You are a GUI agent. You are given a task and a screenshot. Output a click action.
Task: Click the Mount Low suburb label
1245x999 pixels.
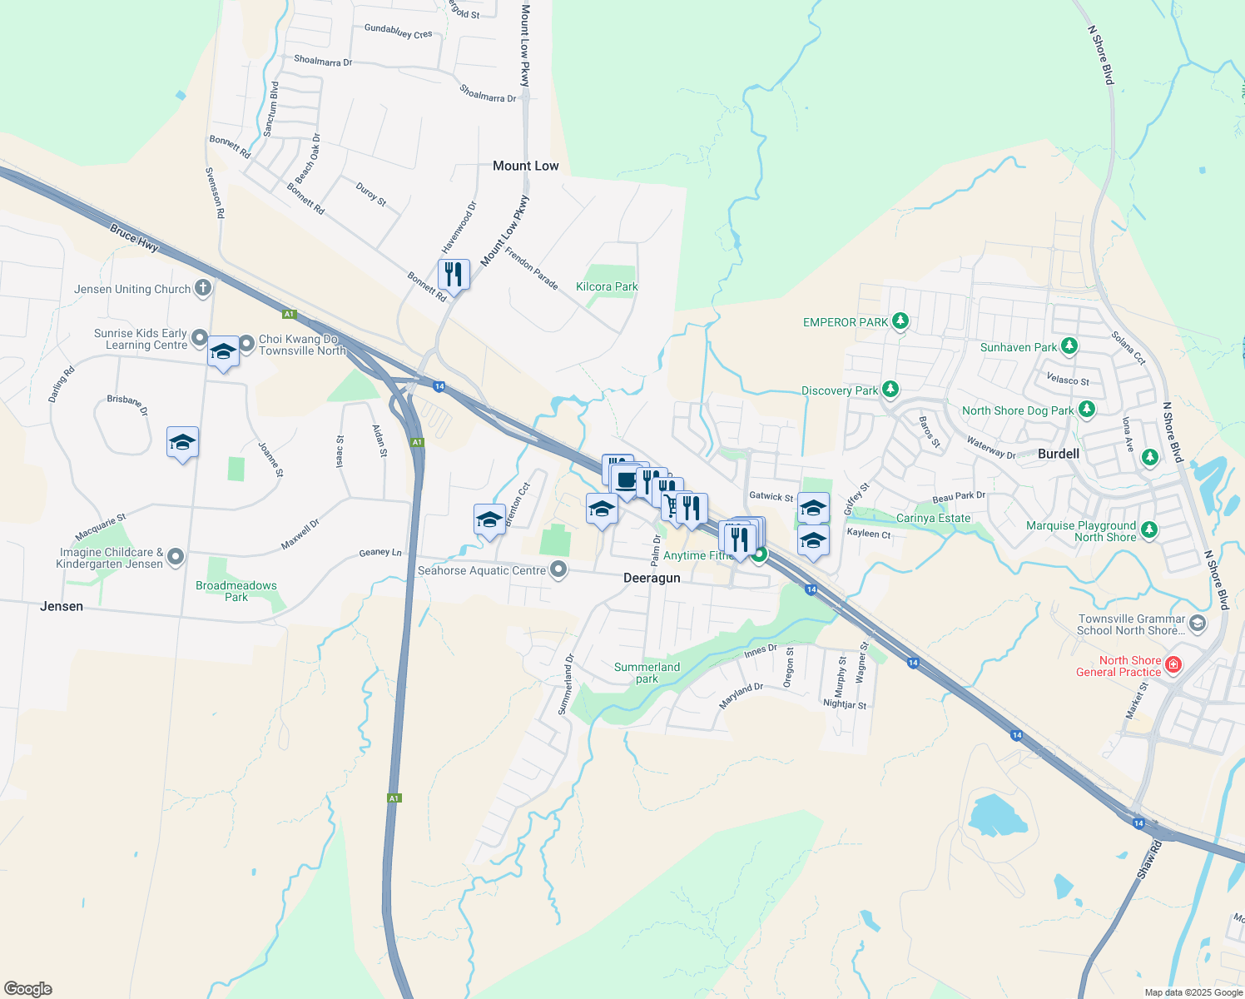pyautogui.click(x=525, y=166)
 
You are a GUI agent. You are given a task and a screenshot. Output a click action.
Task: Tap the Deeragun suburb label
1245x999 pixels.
pyautogui.click(x=652, y=579)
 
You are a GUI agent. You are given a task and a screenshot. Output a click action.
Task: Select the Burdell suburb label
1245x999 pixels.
pyautogui.click(x=1059, y=455)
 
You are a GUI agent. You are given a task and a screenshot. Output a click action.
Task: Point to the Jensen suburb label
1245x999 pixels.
pyautogui.click(x=62, y=607)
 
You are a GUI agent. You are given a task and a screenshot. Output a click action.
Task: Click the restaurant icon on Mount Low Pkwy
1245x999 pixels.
pyautogui.click(x=454, y=273)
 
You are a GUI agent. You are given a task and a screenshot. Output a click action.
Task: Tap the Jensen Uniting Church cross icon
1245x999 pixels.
pyautogui.click(x=202, y=289)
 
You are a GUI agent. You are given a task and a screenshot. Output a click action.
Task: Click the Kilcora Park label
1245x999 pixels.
pyautogui.click(x=607, y=287)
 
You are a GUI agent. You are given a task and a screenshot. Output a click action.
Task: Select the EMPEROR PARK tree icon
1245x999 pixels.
pyautogui.click(x=900, y=321)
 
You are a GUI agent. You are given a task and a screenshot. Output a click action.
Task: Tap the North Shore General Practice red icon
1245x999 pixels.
pyautogui.click(x=1173, y=664)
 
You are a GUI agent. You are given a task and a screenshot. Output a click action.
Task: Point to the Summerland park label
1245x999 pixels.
pyautogui.click(x=647, y=673)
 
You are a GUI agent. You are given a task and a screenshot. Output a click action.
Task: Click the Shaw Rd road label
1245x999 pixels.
pyautogui.click(x=1149, y=861)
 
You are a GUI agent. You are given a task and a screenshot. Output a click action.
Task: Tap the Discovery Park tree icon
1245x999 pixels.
pyautogui.click(x=890, y=390)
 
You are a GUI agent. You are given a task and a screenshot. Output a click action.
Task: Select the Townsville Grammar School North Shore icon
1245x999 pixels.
pyautogui.click(x=1198, y=623)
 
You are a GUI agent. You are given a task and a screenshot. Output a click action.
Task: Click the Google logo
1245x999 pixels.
pyautogui.click(x=28, y=989)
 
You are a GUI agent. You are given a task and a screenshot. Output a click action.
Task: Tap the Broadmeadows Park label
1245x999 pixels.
pyautogui.click(x=236, y=591)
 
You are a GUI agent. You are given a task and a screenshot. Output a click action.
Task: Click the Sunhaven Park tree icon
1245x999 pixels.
pyautogui.click(x=1069, y=346)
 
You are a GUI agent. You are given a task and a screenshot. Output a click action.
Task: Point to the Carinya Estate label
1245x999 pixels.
pyautogui.click(x=933, y=519)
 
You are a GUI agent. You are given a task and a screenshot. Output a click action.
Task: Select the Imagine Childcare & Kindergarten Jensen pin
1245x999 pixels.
pyautogui.click(x=176, y=556)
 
